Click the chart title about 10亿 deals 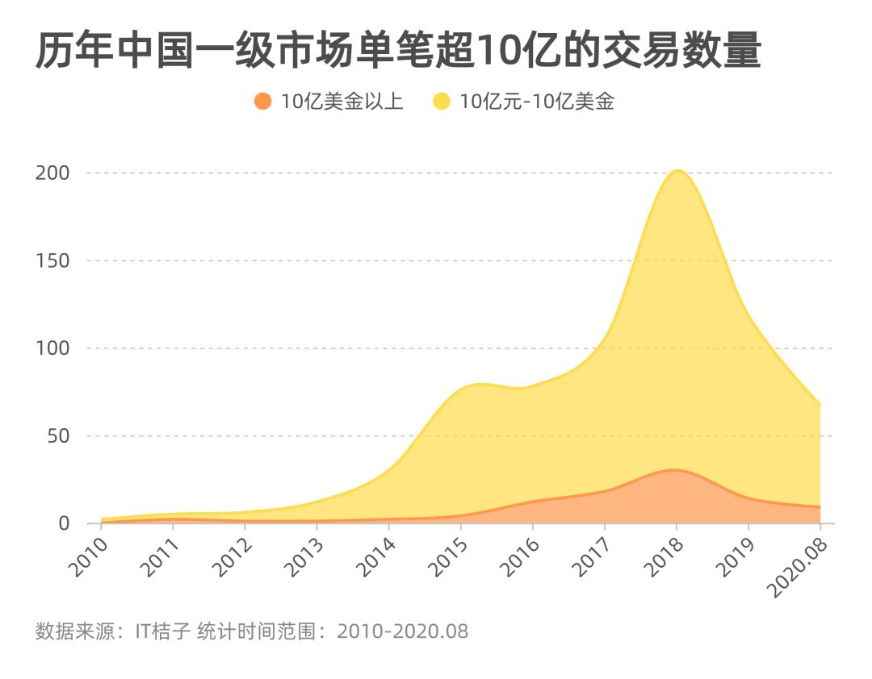[x=398, y=52]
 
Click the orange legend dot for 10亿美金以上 [x=262, y=102]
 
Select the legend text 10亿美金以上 [x=342, y=102]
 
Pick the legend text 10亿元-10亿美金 [x=536, y=102]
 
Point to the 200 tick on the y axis [x=52, y=173]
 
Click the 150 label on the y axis [x=52, y=260]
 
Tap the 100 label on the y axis [x=52, y=348]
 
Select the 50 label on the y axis [x=58, y=435]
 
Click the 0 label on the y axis [x=65, y=523]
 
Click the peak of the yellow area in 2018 [x=677, y=171]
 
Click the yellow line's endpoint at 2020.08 [x=820, y=405]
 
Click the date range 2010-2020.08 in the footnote [x=403, y=631]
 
